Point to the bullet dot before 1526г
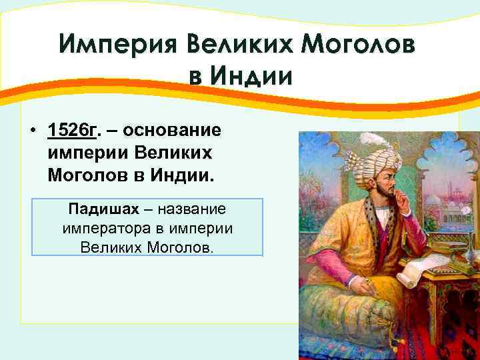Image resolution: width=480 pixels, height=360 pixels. coord(33,131)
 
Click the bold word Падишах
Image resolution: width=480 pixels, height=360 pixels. coord(103,209)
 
